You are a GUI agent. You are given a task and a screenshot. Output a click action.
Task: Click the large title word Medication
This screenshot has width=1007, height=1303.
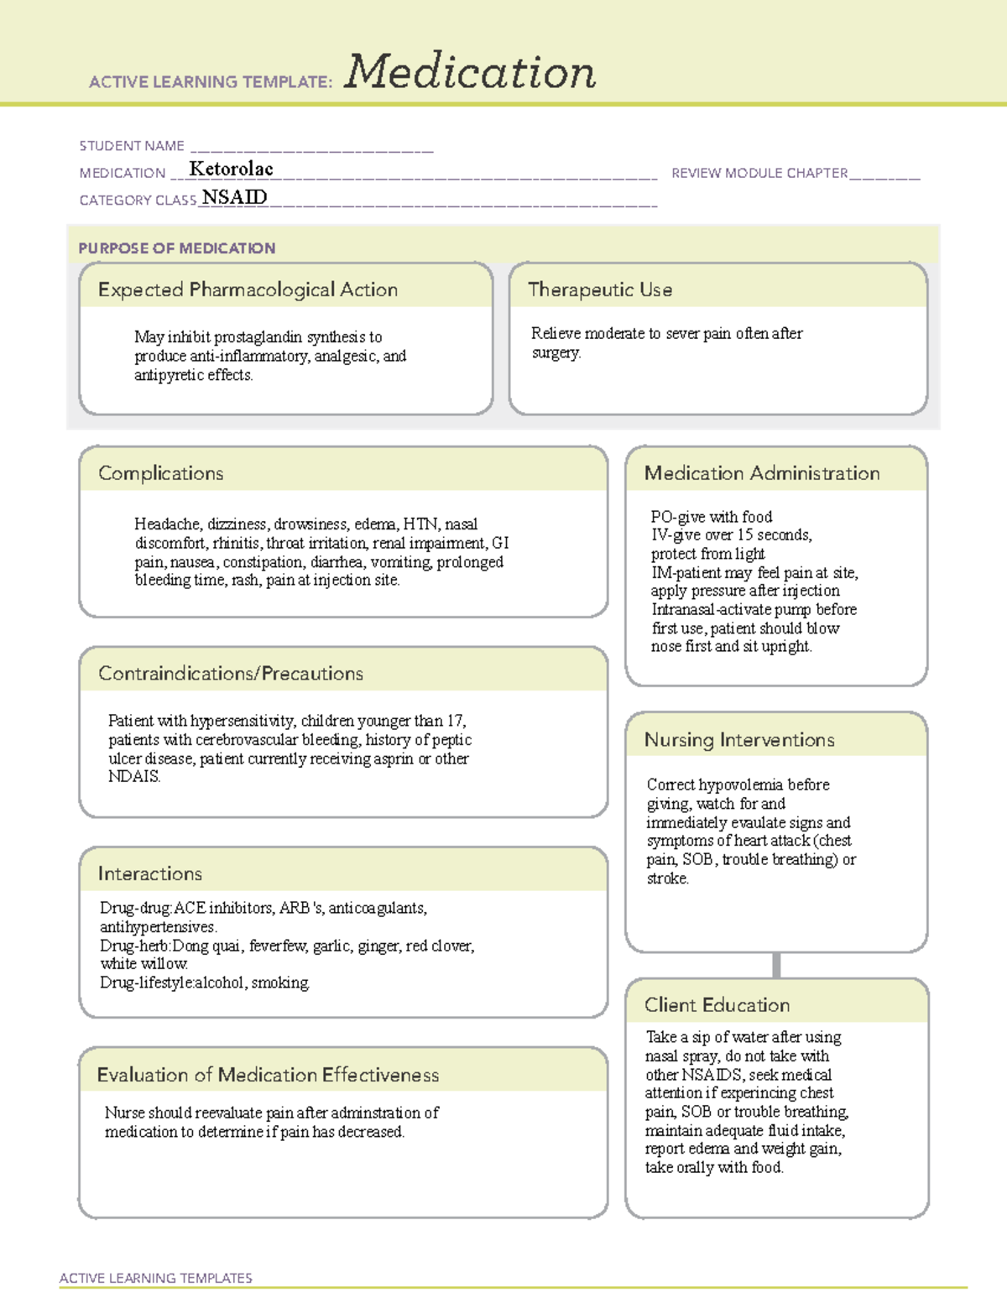click(x=470, y=72)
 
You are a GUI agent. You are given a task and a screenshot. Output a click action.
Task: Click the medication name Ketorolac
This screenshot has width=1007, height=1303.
click(x=231, y=169)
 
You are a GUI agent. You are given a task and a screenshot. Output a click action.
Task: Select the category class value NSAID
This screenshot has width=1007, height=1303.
click(x=234, y=197)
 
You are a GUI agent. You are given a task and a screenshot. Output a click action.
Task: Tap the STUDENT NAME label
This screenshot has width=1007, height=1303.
click(x=132, y=146)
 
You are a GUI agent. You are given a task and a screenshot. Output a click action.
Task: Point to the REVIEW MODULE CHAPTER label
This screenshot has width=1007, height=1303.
click(x=759, y=173)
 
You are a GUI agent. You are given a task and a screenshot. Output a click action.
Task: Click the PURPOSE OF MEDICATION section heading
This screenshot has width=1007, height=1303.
click(x=176, y=248)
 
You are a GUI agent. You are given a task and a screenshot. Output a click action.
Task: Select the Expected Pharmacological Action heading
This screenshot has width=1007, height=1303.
click(x=248, y=289)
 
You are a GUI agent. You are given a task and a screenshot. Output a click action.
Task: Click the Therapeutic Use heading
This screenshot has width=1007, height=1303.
click(x=599, y=289)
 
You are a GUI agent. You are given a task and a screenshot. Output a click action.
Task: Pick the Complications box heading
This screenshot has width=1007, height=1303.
click(x=160, y=473)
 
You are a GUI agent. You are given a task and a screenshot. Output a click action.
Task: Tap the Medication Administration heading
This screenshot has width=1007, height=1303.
click(x=761, y=473)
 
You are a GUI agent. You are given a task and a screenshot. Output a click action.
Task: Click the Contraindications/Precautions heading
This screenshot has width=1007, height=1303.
click(x=230, y=674)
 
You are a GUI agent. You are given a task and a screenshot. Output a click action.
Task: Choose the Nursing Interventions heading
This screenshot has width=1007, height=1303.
click(x=738, y=740)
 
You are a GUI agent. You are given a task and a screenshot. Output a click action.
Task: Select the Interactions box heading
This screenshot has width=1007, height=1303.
click(x=149, y=874)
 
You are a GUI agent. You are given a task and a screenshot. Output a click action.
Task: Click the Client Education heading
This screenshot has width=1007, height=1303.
click(x=717, y=1005)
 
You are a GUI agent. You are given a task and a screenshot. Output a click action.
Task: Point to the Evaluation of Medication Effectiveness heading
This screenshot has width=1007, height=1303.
click(x=268, y=1075)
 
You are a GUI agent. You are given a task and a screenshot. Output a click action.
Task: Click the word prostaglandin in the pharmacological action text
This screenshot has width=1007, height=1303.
click(x=258, y=337)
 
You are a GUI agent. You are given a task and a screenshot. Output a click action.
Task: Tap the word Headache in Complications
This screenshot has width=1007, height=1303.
click(x=167, y=524)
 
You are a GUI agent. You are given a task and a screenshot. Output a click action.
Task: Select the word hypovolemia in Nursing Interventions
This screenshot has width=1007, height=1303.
click(x=740, y=784)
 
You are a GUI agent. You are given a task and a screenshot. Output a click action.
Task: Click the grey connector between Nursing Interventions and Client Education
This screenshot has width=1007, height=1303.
click(x=776, y=966)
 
